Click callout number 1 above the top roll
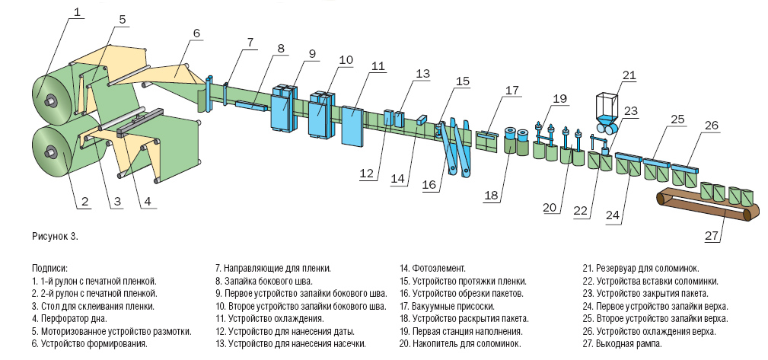tap(76, 11)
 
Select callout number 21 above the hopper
tap(629, 75)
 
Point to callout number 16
tap(429, 184)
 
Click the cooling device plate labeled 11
tap(352, 126)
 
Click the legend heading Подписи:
tap(49, 269)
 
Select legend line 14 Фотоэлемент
tap(432, 269)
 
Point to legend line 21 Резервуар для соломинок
tap(641, 269)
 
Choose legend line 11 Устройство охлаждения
tap(269, 319)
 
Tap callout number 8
tap(280, 49)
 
